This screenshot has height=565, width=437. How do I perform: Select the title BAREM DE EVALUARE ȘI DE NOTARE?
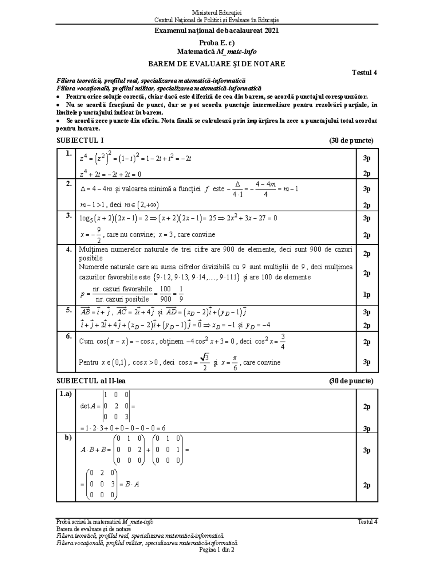click(216, 64)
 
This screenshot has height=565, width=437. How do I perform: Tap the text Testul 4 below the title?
click(364, 72)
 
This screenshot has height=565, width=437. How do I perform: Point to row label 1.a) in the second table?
click(66, 394)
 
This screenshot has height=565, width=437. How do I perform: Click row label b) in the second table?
click(68, 438)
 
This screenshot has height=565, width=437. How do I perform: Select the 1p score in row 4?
click(367, 295)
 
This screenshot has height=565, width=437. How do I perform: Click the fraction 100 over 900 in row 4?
click(165, 294)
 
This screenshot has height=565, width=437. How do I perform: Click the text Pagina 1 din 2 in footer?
click(216, 550)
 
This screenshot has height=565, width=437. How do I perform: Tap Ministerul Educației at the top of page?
click(216, 13)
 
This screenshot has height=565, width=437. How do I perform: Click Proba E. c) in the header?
click(217, 43)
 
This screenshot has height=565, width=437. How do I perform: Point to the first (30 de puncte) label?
click(351, 141)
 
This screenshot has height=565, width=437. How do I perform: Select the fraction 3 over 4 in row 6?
click(283, 342)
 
